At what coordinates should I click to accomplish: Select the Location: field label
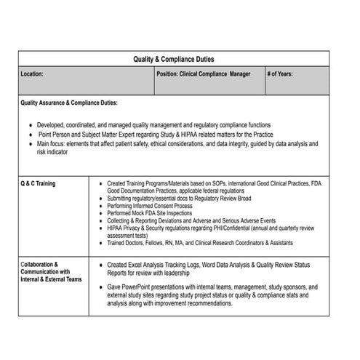tap(33, 74)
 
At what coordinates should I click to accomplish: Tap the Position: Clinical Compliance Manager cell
tap(203, 74)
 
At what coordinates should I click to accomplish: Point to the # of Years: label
tap(281, 74)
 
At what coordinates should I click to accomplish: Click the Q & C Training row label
tap(38, 183)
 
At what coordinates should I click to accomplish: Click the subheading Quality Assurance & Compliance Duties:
tap(69, 103)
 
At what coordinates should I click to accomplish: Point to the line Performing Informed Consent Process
tap(150, 206)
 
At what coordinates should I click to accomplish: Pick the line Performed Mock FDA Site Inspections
tap(149, 213)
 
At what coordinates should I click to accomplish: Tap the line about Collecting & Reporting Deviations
tap(191, 220)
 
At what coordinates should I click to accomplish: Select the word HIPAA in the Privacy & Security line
tap(116, 228)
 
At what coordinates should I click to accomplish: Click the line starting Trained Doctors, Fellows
tap(200, 243)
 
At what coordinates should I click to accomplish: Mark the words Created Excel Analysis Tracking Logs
tap(159, 265)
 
